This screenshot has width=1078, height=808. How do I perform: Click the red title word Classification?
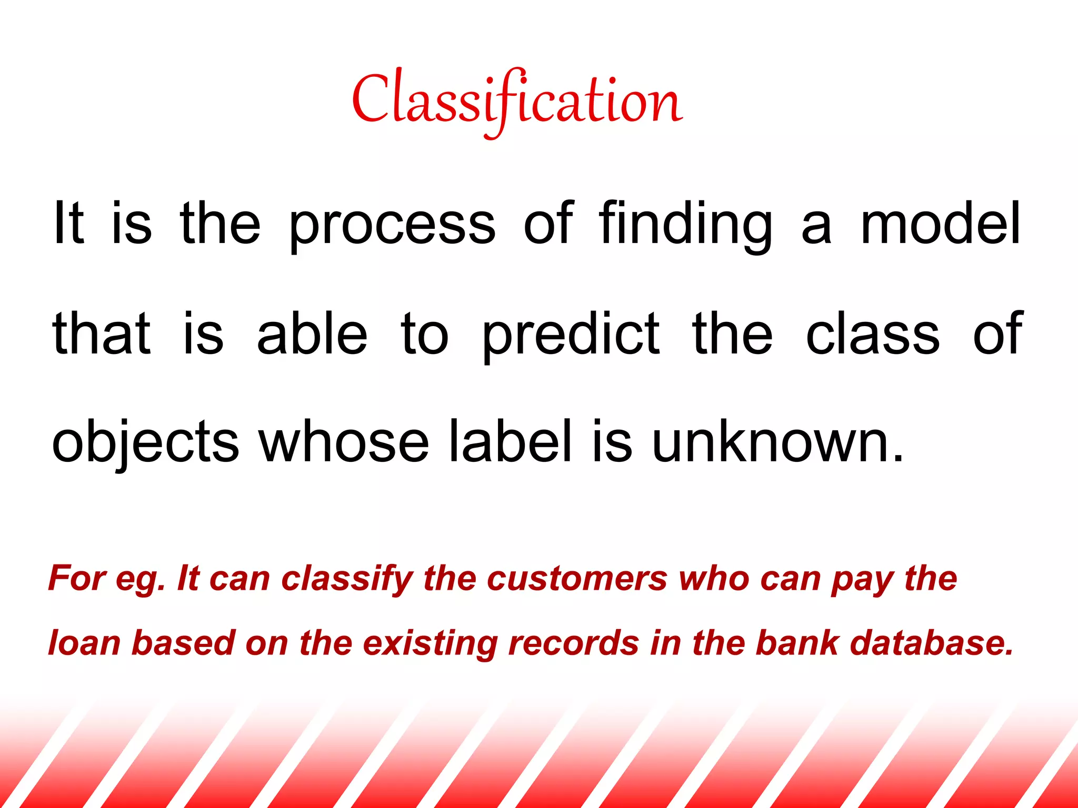coord(517,100)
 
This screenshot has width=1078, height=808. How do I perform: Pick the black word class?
coord(873,334)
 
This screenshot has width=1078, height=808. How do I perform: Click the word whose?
coord(344,442)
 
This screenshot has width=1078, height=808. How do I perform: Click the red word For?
coord(77,579)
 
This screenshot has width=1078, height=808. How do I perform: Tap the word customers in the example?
coord(577,579)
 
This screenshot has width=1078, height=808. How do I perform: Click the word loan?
coord(84,643)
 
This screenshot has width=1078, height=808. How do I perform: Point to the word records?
coord(574,643)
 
